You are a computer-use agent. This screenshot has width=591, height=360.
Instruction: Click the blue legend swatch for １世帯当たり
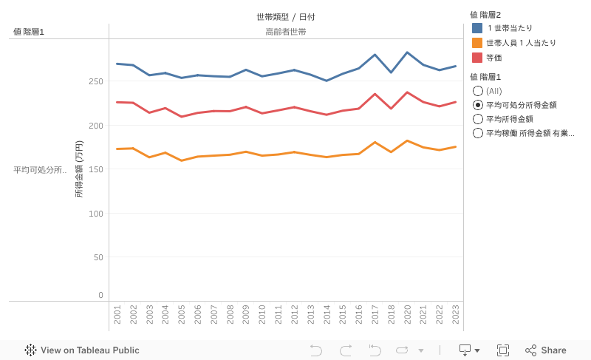[477, 28]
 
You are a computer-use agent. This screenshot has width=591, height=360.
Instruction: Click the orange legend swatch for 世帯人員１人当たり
[477, 43]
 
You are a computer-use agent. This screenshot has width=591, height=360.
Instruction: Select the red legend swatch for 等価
[477, 58]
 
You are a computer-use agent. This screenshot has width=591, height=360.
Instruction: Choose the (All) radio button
[478, 91]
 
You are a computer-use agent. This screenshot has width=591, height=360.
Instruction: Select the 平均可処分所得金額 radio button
[478, 105]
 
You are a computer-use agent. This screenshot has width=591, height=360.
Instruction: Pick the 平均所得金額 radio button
[478, 119]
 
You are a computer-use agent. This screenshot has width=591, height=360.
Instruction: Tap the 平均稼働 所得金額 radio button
[478, 133]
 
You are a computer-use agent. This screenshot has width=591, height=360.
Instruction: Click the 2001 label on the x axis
[117, 313]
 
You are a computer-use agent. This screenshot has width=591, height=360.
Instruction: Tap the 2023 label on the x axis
[455, 313]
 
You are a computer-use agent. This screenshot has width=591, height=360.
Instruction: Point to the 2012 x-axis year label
[294, 313]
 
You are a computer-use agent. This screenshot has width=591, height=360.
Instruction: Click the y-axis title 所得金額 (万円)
[79, 169]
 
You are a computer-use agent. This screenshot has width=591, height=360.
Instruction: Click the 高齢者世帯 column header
[286, 32]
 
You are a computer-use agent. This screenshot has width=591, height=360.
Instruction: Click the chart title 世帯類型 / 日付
[286, 16]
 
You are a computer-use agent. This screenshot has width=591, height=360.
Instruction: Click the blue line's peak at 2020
[407, 52]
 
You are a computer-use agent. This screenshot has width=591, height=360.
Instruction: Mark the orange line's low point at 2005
[182, 160]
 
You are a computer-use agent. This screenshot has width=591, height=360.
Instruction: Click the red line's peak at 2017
[375, 94]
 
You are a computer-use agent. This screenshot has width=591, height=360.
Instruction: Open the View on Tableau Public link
[82, 350]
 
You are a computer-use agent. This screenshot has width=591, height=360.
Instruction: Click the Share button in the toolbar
[546, 350]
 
